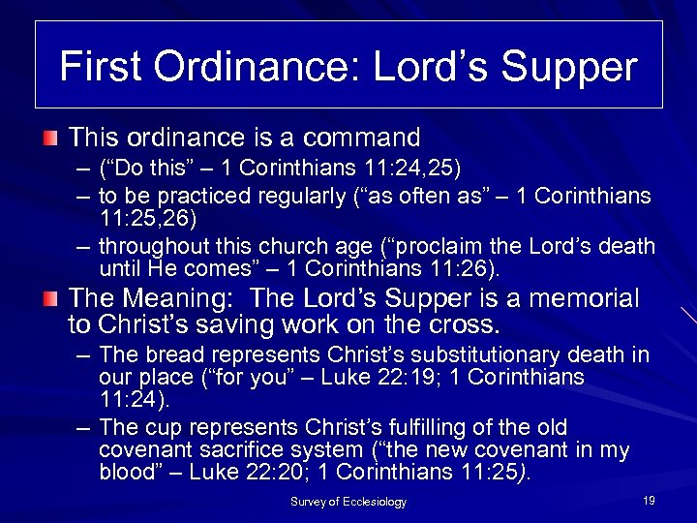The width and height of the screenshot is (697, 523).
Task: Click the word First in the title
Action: click(98, 67)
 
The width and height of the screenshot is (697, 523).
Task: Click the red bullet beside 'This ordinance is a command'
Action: click(50, 139)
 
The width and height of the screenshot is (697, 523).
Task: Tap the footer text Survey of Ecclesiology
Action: click(348, 502)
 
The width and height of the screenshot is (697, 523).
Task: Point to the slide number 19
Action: click(649, 500)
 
